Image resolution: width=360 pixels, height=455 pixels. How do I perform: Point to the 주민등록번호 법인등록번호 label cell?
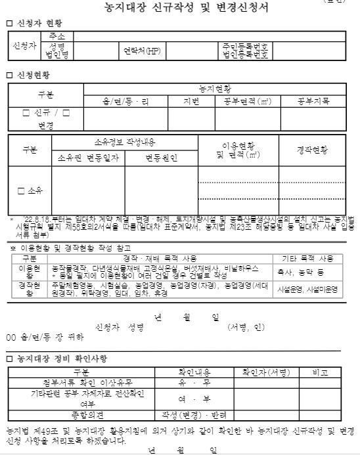coord(244,50)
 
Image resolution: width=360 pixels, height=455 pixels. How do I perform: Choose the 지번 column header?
coord(197,101)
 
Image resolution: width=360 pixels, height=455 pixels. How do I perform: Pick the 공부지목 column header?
coord(313,101)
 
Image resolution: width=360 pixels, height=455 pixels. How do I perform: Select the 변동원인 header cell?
coord(162,158)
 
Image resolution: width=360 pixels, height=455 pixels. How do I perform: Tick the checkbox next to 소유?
coord(21,190)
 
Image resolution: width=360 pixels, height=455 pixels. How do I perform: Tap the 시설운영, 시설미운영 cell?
coord(317,288)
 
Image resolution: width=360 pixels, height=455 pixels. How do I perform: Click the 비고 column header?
coord(320,372)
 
